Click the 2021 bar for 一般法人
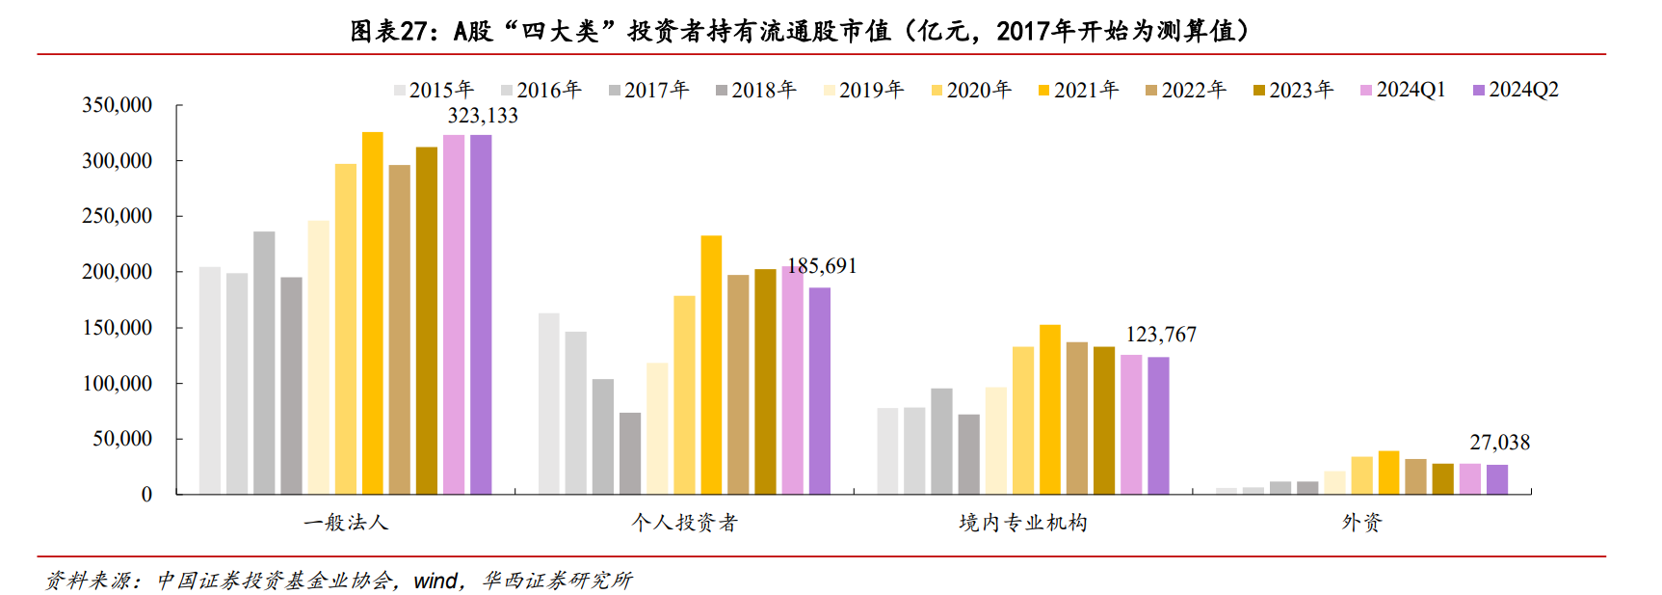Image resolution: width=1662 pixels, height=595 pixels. coord(372,313)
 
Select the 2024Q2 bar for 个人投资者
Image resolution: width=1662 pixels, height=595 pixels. coord(819,391)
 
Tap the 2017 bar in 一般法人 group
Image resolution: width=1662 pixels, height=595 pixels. coord(264,363)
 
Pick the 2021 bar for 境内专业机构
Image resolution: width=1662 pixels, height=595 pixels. coord(1050,410)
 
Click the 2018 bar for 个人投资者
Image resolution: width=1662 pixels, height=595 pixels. coord(630,453)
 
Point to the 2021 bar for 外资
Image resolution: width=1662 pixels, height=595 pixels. coord(1388,473)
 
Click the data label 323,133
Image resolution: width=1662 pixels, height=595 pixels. coord(483,116)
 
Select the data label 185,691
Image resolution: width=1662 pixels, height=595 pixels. coord(822,266)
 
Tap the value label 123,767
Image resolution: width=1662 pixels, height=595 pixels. coord(1161,335)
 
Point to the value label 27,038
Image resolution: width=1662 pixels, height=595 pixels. coord(1499,443)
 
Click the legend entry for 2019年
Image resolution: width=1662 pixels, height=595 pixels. coord(863,90)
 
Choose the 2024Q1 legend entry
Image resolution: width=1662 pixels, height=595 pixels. coord(1403,90)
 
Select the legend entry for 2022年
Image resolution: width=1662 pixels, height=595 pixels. coord(1185,90)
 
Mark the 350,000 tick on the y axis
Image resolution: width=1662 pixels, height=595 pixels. coord(117,105)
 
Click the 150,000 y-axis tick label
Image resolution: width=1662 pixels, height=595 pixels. coord(117,328)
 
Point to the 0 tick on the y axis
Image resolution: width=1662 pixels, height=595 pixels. coord(146,495)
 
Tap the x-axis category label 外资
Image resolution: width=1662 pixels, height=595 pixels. coord(1361,523)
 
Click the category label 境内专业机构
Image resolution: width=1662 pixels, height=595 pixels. coord(1023,523)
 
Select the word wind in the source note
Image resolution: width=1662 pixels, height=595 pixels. coord(435,581)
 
